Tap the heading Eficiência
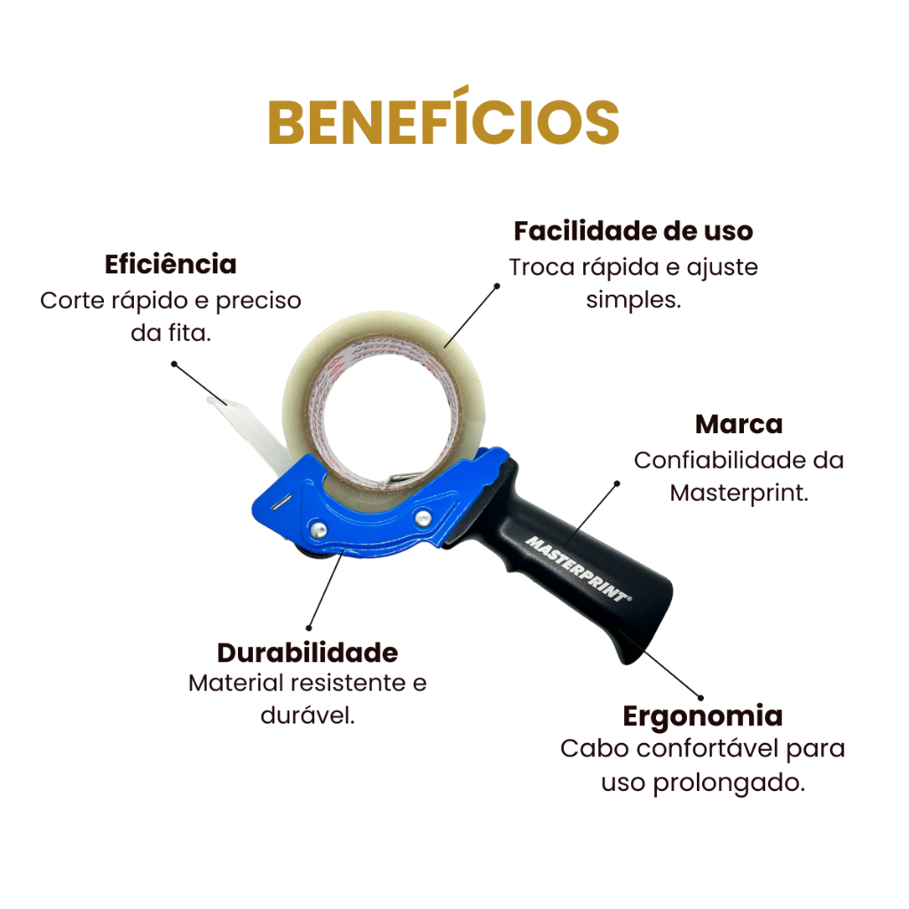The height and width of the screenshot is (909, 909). (170, 265)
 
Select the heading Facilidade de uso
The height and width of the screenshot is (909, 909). (633, 231)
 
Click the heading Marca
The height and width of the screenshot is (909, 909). (739, 424)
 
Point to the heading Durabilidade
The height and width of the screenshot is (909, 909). (307, 652)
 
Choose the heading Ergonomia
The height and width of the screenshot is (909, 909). (702, 715)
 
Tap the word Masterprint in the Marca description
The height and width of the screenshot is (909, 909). (739, 493)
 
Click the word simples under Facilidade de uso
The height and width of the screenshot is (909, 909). (633, 299)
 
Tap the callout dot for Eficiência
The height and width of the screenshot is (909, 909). (175, 363)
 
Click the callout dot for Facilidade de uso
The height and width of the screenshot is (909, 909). (498, 286)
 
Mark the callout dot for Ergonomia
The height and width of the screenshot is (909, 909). (700, 698)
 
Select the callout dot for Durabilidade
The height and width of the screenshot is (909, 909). (309, 628)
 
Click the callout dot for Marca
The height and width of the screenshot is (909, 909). (617, 483)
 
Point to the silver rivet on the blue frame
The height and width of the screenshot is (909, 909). (316, 531)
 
